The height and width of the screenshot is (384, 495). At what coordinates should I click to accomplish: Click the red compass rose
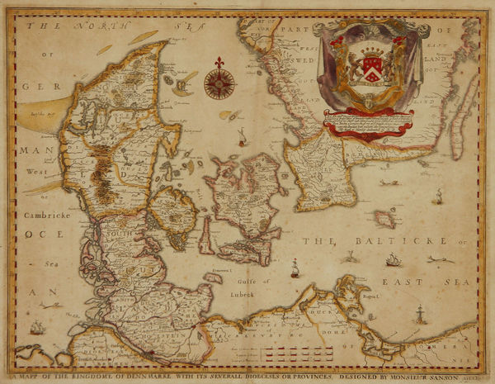(219, 83)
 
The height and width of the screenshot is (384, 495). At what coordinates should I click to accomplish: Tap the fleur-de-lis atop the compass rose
(219, 64)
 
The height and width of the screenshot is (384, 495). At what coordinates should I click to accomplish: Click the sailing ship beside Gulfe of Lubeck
(295, 268)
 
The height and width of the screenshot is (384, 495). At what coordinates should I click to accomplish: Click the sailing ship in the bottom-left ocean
(37, 328)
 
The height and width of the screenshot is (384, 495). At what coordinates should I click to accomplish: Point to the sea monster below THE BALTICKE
(351, 257)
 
